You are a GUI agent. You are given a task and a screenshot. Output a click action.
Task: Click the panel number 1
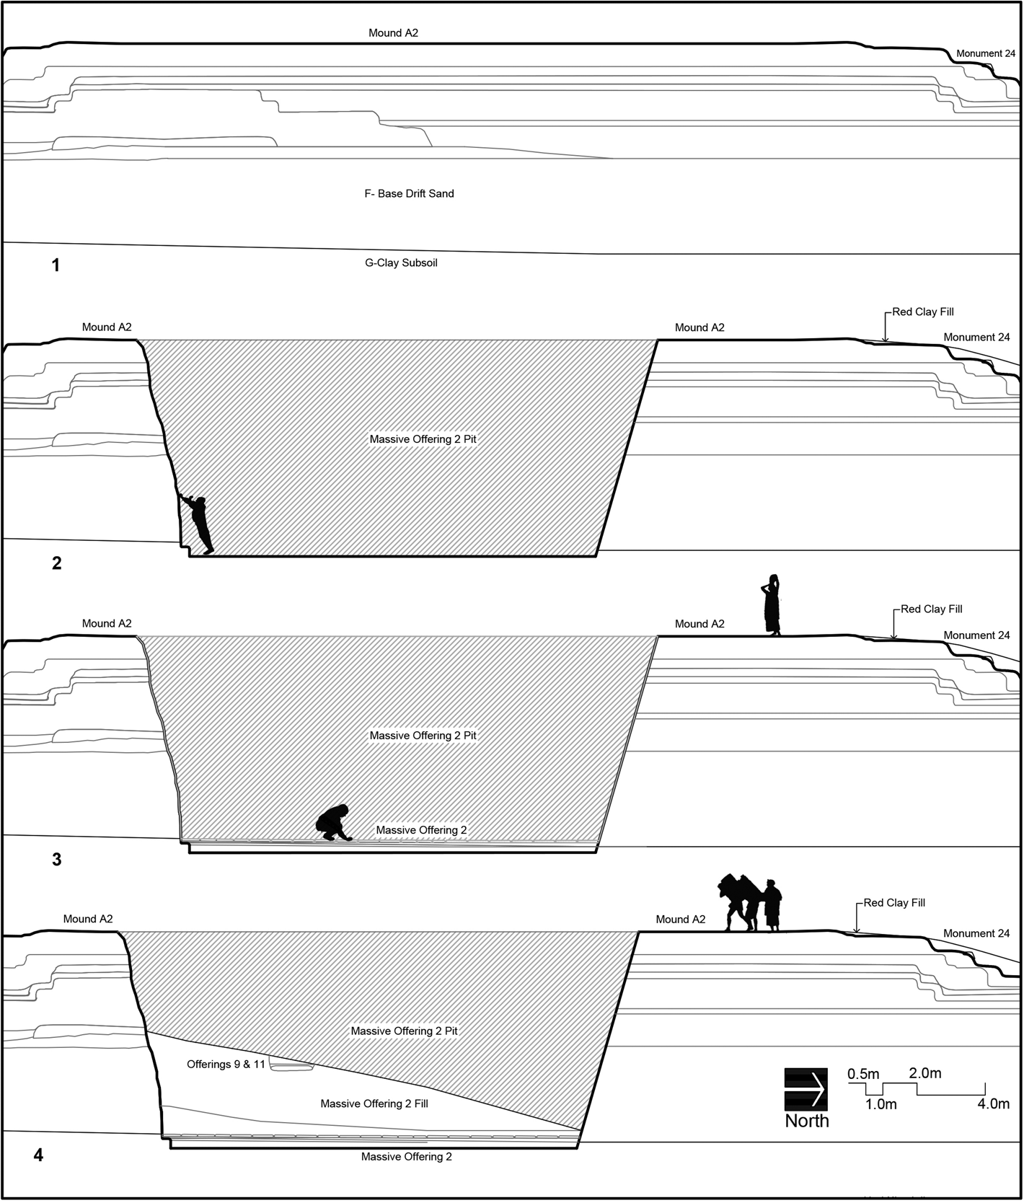click(x=56, y=265)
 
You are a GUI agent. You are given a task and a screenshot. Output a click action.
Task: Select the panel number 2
click(x=57, y=563)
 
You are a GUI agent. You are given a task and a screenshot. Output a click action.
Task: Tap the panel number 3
click(x=57, y=860)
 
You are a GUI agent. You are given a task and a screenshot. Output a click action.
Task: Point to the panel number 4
click(x=38, y=1155)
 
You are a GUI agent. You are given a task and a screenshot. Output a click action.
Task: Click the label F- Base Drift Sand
click(x=409, y=193)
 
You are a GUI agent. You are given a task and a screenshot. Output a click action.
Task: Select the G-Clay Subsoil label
click(x=401, y=263)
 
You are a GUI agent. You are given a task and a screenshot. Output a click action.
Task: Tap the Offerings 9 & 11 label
click(x=226, y=1064)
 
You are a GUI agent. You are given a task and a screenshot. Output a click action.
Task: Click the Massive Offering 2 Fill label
click(x=374, y=1103)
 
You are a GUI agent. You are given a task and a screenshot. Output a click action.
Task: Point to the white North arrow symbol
click(x=806, y=1089)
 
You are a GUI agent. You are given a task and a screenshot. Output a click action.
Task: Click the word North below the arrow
click(x=807, y=1121)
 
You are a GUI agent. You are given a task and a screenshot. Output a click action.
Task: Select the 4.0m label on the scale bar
click(x=993, y=1103)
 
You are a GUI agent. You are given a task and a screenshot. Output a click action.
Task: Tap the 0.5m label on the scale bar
click(x=863, y=1074)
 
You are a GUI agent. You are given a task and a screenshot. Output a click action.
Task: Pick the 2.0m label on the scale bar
click(x=924, y=1073)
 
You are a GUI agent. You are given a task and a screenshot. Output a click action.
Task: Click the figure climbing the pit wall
click(x=199, y=524)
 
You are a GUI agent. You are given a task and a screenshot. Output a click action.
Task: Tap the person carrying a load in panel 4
click(x=737, y=902)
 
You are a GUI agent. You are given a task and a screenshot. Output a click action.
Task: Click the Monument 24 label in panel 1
click(x=986, y=53)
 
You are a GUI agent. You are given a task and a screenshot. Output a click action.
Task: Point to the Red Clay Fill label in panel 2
click(x=923, y=312)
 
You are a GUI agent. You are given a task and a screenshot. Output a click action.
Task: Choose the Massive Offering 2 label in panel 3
click(x=421, y=830)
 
